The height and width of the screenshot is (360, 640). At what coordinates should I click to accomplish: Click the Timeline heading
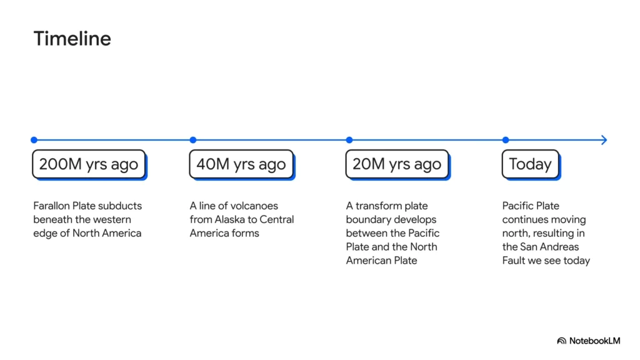point(72,39)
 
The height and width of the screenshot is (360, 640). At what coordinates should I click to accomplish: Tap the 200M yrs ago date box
point(89,164)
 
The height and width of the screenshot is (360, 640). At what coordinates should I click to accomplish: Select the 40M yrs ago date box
point(242,164)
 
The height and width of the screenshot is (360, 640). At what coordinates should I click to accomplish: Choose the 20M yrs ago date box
point(397,164)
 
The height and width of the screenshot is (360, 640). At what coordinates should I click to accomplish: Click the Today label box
point(531,164)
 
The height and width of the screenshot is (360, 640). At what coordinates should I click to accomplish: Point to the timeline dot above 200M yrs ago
point(34,140)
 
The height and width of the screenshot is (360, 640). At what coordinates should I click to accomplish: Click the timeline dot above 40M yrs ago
point(193,140)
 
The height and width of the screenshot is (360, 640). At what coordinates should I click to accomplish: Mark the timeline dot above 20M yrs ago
point(349,140)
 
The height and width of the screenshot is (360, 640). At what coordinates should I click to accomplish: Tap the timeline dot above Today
point(506,140)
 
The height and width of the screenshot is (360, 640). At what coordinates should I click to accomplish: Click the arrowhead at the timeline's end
point(604,140)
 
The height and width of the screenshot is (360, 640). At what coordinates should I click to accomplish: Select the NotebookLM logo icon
point(562,341)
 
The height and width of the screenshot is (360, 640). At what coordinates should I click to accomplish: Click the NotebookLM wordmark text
point(595,341)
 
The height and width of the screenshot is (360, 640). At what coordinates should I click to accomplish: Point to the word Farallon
point(51,206)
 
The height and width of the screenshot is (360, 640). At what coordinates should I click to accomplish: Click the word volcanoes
point(252,206)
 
